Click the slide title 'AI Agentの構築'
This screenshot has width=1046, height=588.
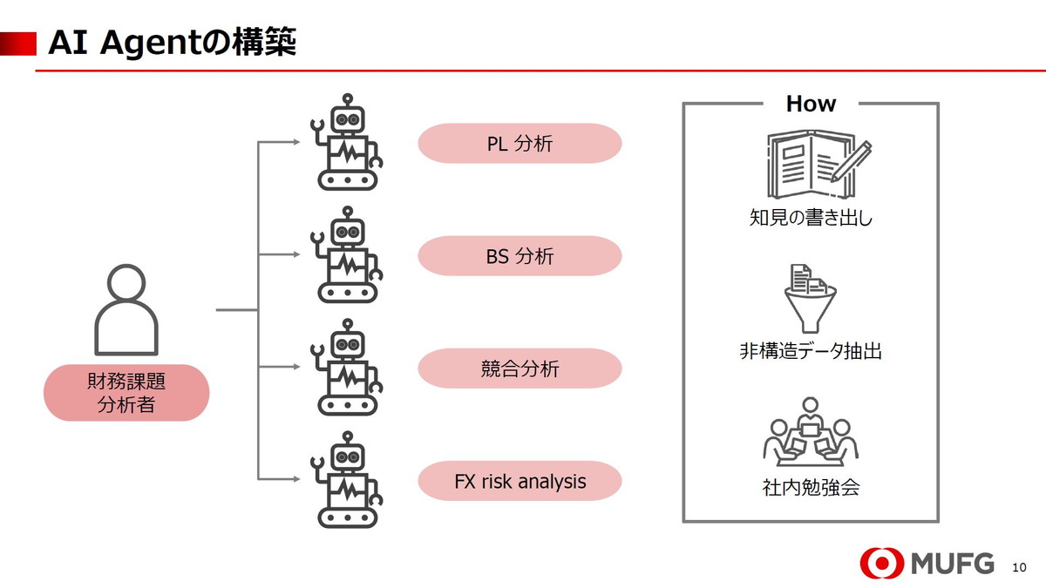(173, 42)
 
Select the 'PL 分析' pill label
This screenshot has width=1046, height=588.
(520, 144)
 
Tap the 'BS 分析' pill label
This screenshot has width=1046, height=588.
(520, 256)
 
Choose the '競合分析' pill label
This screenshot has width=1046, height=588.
(520, 368)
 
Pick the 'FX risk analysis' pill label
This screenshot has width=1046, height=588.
(520, 481)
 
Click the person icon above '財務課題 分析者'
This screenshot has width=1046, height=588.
(126, 310)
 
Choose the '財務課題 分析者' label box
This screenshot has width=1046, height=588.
(126, 393)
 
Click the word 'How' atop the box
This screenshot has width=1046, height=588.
(811, 104)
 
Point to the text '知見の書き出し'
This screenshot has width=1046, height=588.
(811, 217)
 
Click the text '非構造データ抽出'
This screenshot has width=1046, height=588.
(811, 351)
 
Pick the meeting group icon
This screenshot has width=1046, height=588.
(811, 433)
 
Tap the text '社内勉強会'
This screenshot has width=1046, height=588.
(811, 487)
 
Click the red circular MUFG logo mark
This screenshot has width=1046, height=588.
(881, 563)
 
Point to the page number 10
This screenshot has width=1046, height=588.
(1020, 567)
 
